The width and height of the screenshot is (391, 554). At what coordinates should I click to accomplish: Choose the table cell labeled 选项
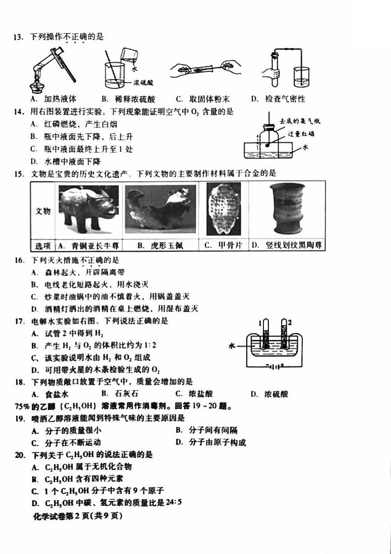coord(43,245)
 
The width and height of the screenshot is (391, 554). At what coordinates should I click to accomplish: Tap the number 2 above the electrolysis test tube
coord(290,322)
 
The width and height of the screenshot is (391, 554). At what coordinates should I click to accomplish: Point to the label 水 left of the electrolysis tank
coord(232,346)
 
